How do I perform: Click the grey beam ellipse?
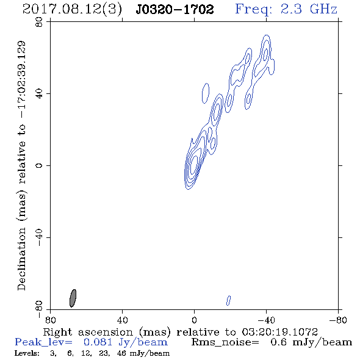[x=73, y=298]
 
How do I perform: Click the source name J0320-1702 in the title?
[x=175, y=9]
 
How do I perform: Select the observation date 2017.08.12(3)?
[x=72, y=9]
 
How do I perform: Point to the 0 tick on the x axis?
[x=194, y=320]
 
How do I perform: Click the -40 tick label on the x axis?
[x=266, y=320]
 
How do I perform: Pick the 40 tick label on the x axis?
[x=122, y=320]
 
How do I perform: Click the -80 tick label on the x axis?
[x=338, y=320]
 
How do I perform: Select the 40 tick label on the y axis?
[x=39, y=94]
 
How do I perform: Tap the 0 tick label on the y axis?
[x=39, y=165]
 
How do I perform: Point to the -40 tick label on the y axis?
[x=39, y=237]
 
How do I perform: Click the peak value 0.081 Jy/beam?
[x=126, y=342]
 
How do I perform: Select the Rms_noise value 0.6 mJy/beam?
[x=311, y=342]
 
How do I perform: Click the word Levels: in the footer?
[x=27, y=353]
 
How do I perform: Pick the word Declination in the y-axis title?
[x=21, y=259]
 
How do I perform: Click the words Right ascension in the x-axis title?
[x=88, y=332]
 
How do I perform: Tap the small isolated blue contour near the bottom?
[x=228, y=301]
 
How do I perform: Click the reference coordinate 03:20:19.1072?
[x=280, y=332]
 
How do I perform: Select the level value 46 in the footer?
[x=121, y=353]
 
